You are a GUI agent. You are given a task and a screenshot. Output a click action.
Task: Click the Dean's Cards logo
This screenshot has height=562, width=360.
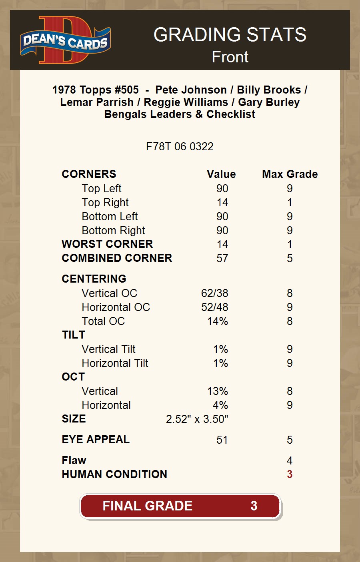click(x=65, y=40)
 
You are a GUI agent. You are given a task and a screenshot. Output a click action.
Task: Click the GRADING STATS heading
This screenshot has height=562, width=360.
click(x=230, y=35)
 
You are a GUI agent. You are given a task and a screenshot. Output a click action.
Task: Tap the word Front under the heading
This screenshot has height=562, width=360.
click(x=230, y=57)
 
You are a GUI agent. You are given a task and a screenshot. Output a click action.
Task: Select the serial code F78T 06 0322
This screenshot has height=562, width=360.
click(x=180, y=147)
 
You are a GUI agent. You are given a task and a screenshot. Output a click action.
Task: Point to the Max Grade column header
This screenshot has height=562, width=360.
click(x=290, y=174)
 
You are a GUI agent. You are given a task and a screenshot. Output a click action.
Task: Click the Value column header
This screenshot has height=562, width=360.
click(x=221, y=174)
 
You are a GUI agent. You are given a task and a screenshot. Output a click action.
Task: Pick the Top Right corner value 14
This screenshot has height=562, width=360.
click(x=222, y=203)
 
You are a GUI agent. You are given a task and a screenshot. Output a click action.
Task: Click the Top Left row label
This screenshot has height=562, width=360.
click(x=102, y=189)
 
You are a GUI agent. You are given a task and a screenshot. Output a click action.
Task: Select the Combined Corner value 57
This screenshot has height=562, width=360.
click(x=222, y=259)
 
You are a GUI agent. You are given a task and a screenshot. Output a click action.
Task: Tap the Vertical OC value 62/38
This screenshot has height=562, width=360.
click(x=215, y=293)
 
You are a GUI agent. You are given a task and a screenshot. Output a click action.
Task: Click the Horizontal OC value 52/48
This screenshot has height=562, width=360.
click(x=215, y=307)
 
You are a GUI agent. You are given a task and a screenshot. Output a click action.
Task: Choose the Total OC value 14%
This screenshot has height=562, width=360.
click(x=218, y=321)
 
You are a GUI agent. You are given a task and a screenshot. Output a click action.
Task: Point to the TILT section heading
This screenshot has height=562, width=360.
click(x=74, y=335)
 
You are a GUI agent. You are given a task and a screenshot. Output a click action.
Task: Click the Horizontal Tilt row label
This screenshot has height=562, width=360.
click(x=115, y=363)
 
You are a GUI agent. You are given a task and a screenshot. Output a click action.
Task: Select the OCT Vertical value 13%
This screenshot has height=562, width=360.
click(x=218, y=391)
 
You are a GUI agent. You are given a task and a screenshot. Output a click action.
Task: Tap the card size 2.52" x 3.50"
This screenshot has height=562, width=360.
click(x=197, y=419)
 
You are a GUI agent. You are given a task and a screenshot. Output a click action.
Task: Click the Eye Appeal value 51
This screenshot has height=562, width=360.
click(x=222, y=440)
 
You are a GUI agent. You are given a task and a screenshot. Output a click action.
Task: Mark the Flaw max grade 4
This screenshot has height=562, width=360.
click(x=290, y=461)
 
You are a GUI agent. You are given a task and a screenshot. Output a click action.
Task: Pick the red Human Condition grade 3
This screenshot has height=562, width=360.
click(x=290, y=474)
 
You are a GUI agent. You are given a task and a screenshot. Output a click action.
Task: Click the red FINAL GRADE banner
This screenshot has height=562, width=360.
click(x=180, y=506)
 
